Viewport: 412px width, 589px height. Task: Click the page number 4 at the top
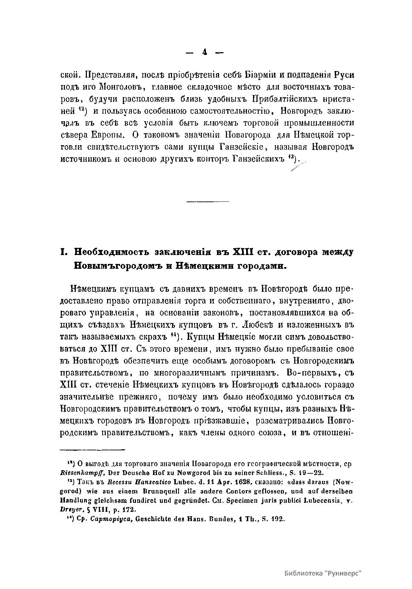tap(205, 52)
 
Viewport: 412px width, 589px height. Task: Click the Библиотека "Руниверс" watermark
tap(323, 573)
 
